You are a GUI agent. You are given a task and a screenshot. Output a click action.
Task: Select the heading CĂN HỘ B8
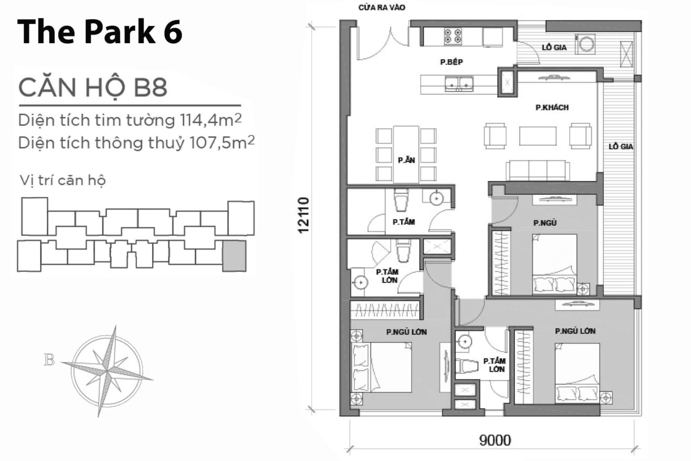(x=93, y=87)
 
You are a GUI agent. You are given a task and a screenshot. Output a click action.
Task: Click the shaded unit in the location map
(x=234, y=255)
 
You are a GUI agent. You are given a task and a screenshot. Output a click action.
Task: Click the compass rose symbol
(x=108, y=370)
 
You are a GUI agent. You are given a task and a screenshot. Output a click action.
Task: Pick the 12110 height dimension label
(x=304, y=215)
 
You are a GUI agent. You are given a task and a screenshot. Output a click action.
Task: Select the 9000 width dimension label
(x=495, y=439)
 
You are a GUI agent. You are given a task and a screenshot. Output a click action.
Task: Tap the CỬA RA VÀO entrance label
(x=382, y=8)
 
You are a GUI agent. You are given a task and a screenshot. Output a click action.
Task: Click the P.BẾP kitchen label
(x=451, y=62)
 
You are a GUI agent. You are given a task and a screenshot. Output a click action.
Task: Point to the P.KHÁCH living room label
(x=552, y=107)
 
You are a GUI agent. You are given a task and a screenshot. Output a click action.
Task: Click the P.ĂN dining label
(x=406, y=160)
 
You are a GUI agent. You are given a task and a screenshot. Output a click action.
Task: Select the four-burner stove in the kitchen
(x=453, y=36)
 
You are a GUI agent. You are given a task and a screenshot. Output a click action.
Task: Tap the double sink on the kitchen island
(x=459, y=83)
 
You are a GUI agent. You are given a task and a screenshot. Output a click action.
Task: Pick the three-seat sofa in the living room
(x=538, y=170)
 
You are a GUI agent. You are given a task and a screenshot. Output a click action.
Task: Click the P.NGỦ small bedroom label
(x=544, y=223)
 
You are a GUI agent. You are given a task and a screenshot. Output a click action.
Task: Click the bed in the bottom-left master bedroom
(x=382, y=367)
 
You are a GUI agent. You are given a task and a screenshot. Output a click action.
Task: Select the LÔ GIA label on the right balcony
(x=621, y=147)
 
